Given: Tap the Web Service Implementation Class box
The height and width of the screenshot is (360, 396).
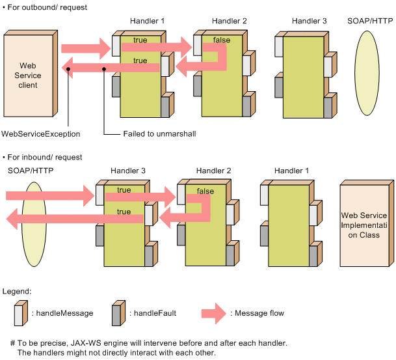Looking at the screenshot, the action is point(367,223).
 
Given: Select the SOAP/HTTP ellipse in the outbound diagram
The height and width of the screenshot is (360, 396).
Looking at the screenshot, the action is point(367,73).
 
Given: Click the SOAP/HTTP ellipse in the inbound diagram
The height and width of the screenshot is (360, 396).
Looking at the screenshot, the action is point(34,224).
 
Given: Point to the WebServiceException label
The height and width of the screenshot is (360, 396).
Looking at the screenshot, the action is point(41,133).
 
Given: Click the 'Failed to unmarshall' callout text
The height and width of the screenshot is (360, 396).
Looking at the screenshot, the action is point(159,133).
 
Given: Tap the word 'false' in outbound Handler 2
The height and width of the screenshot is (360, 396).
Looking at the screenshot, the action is point(222,40).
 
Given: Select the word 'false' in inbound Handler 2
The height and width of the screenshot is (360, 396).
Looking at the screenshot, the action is point(205,191).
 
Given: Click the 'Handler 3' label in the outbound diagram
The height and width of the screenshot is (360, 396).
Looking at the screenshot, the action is point(309,21).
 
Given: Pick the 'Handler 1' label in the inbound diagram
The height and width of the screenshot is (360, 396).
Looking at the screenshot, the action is point(291,171).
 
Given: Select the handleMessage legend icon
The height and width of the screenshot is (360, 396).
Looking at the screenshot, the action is point(21,313).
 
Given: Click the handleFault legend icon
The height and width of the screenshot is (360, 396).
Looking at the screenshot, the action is point(119,313).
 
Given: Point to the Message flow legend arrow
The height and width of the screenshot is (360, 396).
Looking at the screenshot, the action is point(214,314).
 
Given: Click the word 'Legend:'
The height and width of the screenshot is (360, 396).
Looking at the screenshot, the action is point(17,292).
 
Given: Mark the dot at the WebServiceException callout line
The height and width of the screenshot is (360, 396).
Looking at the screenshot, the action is point(68,69).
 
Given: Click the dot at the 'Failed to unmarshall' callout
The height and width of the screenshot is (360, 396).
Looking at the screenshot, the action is point(104,69).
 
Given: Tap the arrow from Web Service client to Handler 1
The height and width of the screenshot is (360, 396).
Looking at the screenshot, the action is point(86,49).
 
